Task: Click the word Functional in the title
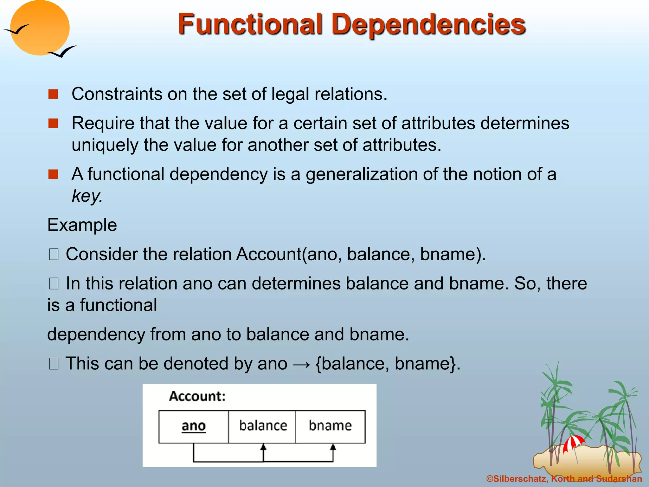click(250, 24)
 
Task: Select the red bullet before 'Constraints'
click(53, 94)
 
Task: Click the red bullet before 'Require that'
click(53, 123)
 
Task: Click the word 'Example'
click(82, 225)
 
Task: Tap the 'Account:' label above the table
click(197, 396)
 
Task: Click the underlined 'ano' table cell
click(194, 426)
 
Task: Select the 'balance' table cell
click(263, 426)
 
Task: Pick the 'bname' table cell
click(330, 426)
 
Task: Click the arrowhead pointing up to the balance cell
click(263, 447)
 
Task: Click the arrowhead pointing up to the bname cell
click(333, 447)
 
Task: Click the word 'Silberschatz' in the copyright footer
click(520, 479)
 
